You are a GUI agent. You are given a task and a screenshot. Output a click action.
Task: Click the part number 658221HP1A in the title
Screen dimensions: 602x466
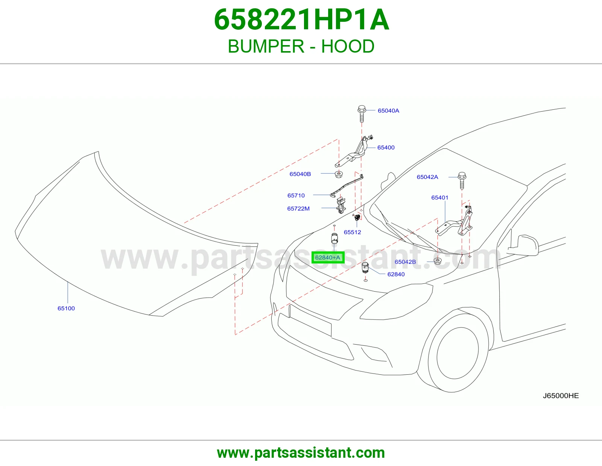click(x=301, y=20)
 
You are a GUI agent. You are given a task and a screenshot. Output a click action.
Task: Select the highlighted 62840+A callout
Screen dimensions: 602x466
click(x=328, y=258)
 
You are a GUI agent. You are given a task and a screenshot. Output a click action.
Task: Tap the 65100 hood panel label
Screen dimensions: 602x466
click(x=66, y=308)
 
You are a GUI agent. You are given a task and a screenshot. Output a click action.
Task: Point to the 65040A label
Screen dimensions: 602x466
click(x=388, y=111)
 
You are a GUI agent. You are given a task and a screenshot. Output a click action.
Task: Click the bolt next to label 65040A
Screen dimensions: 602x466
click(x=362, y=113)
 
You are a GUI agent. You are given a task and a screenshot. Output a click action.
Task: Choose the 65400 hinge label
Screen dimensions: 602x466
click(x=386, y=147)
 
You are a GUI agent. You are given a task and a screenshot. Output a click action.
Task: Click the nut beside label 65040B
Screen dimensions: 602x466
click(x=339, y=174)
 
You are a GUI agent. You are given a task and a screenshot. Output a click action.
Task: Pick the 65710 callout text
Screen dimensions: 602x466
click(x=296, y=195)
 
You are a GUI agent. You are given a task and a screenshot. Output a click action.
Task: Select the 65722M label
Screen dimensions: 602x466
click(x=298, y=208)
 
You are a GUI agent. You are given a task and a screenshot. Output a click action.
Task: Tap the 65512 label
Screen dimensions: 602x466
click(x=353, y=232)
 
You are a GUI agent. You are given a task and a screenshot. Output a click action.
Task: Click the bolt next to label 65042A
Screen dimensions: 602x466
click(x=462, y=180)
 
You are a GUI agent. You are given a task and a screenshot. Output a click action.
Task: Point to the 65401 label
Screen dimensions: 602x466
click(x=440, y=198)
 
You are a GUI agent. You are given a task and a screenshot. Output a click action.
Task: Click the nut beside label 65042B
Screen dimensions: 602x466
click(x=438, y=261)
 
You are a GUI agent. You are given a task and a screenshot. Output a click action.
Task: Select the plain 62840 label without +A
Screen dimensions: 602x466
click(x=396, y=274)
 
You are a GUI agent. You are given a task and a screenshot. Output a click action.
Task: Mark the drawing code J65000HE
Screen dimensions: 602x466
click(x=561, y=396)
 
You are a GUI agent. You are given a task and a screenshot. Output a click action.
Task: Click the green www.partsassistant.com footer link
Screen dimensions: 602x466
click(x=301, y=453)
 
